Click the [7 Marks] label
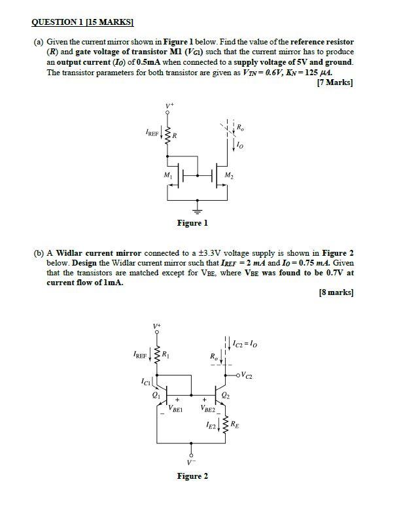pyautogui.click(x=334, y=82)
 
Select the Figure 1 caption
pyautogui.click(x=192, y=223)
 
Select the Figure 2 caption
pyautogui.click(x=192, y=476)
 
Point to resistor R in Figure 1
pyautogui.click(x=168, y=136)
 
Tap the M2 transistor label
pyautogui.click(x=228, y=176)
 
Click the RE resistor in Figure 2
pyautogui.click(x=226, y=426)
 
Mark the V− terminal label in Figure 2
pyautogui.click(x=191, y=463)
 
